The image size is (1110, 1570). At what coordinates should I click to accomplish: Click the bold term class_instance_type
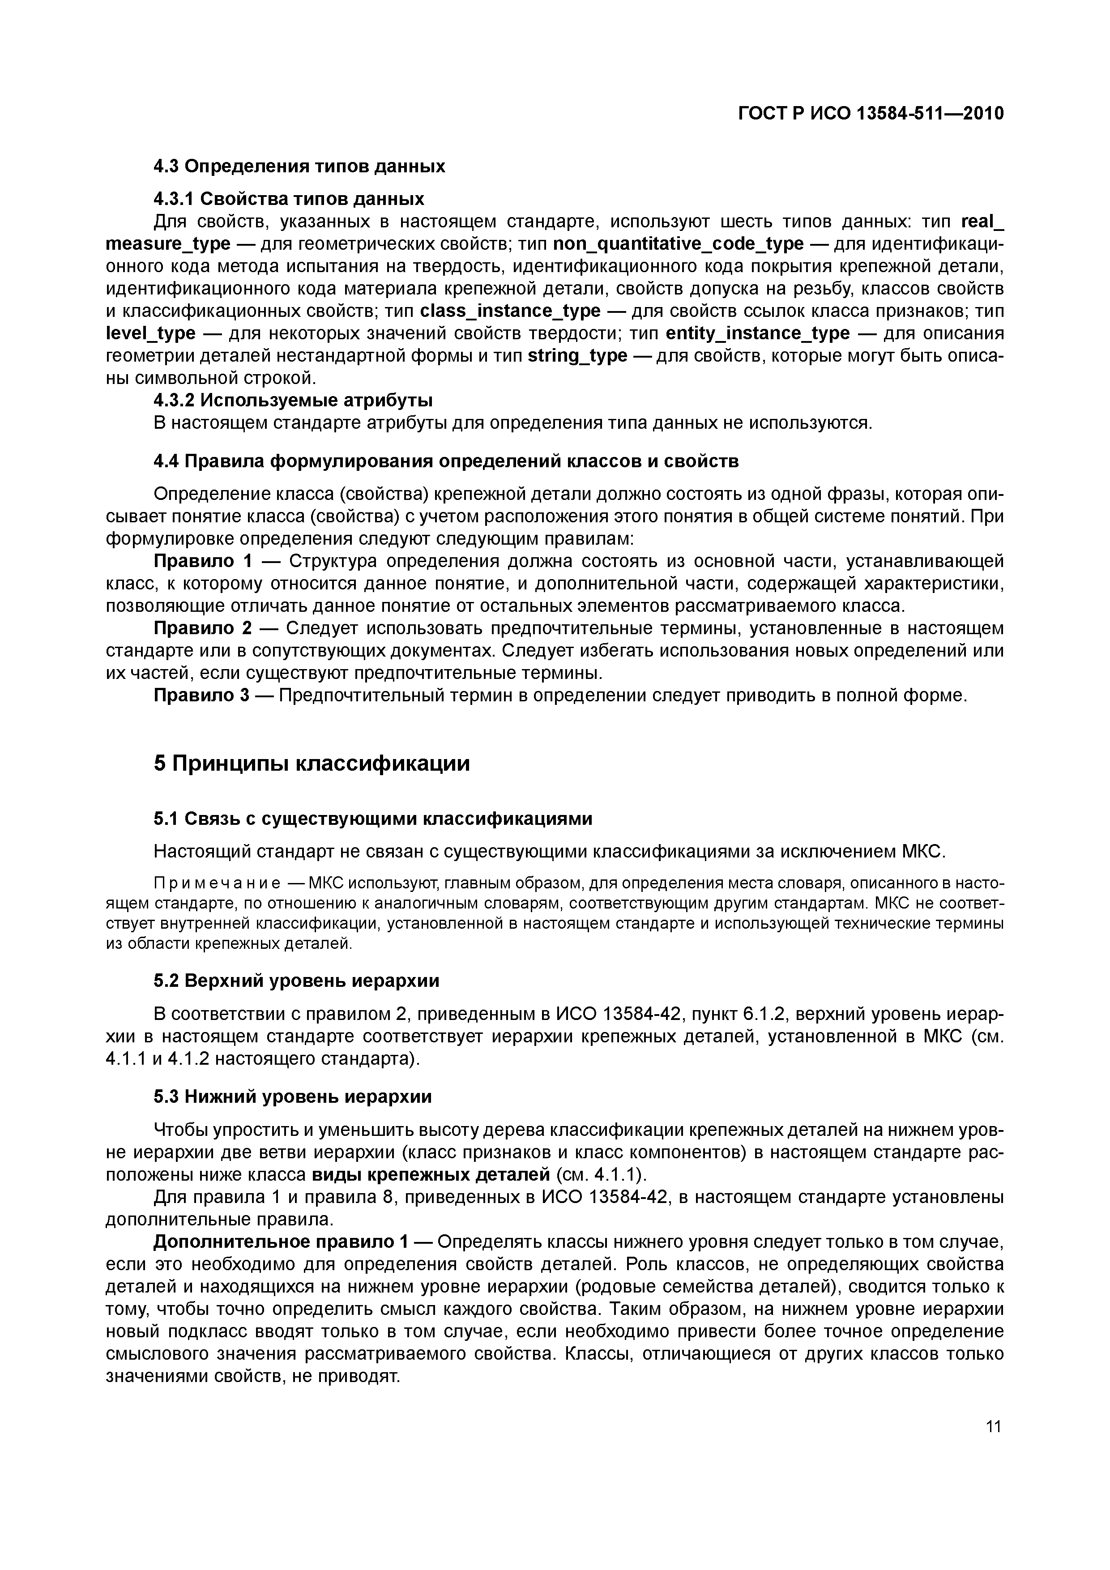509,311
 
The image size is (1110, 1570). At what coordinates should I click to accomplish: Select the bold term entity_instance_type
757,334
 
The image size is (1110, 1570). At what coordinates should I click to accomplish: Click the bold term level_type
150,334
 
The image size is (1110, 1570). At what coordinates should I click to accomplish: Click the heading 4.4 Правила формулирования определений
446,461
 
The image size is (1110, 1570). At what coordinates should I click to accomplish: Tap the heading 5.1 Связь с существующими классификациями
373,819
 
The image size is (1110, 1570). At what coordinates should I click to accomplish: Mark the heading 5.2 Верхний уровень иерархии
296,981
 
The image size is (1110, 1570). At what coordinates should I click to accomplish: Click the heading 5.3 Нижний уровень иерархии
293,1097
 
